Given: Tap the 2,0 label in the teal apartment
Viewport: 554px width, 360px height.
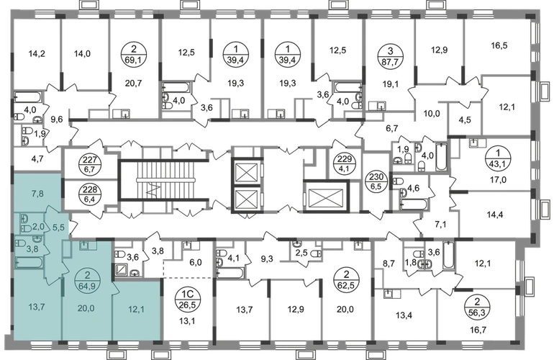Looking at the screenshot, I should pyautogui.click(x=38, y=225).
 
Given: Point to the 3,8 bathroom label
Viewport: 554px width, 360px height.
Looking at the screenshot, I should pyautogui.click(x=33, y=249).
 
